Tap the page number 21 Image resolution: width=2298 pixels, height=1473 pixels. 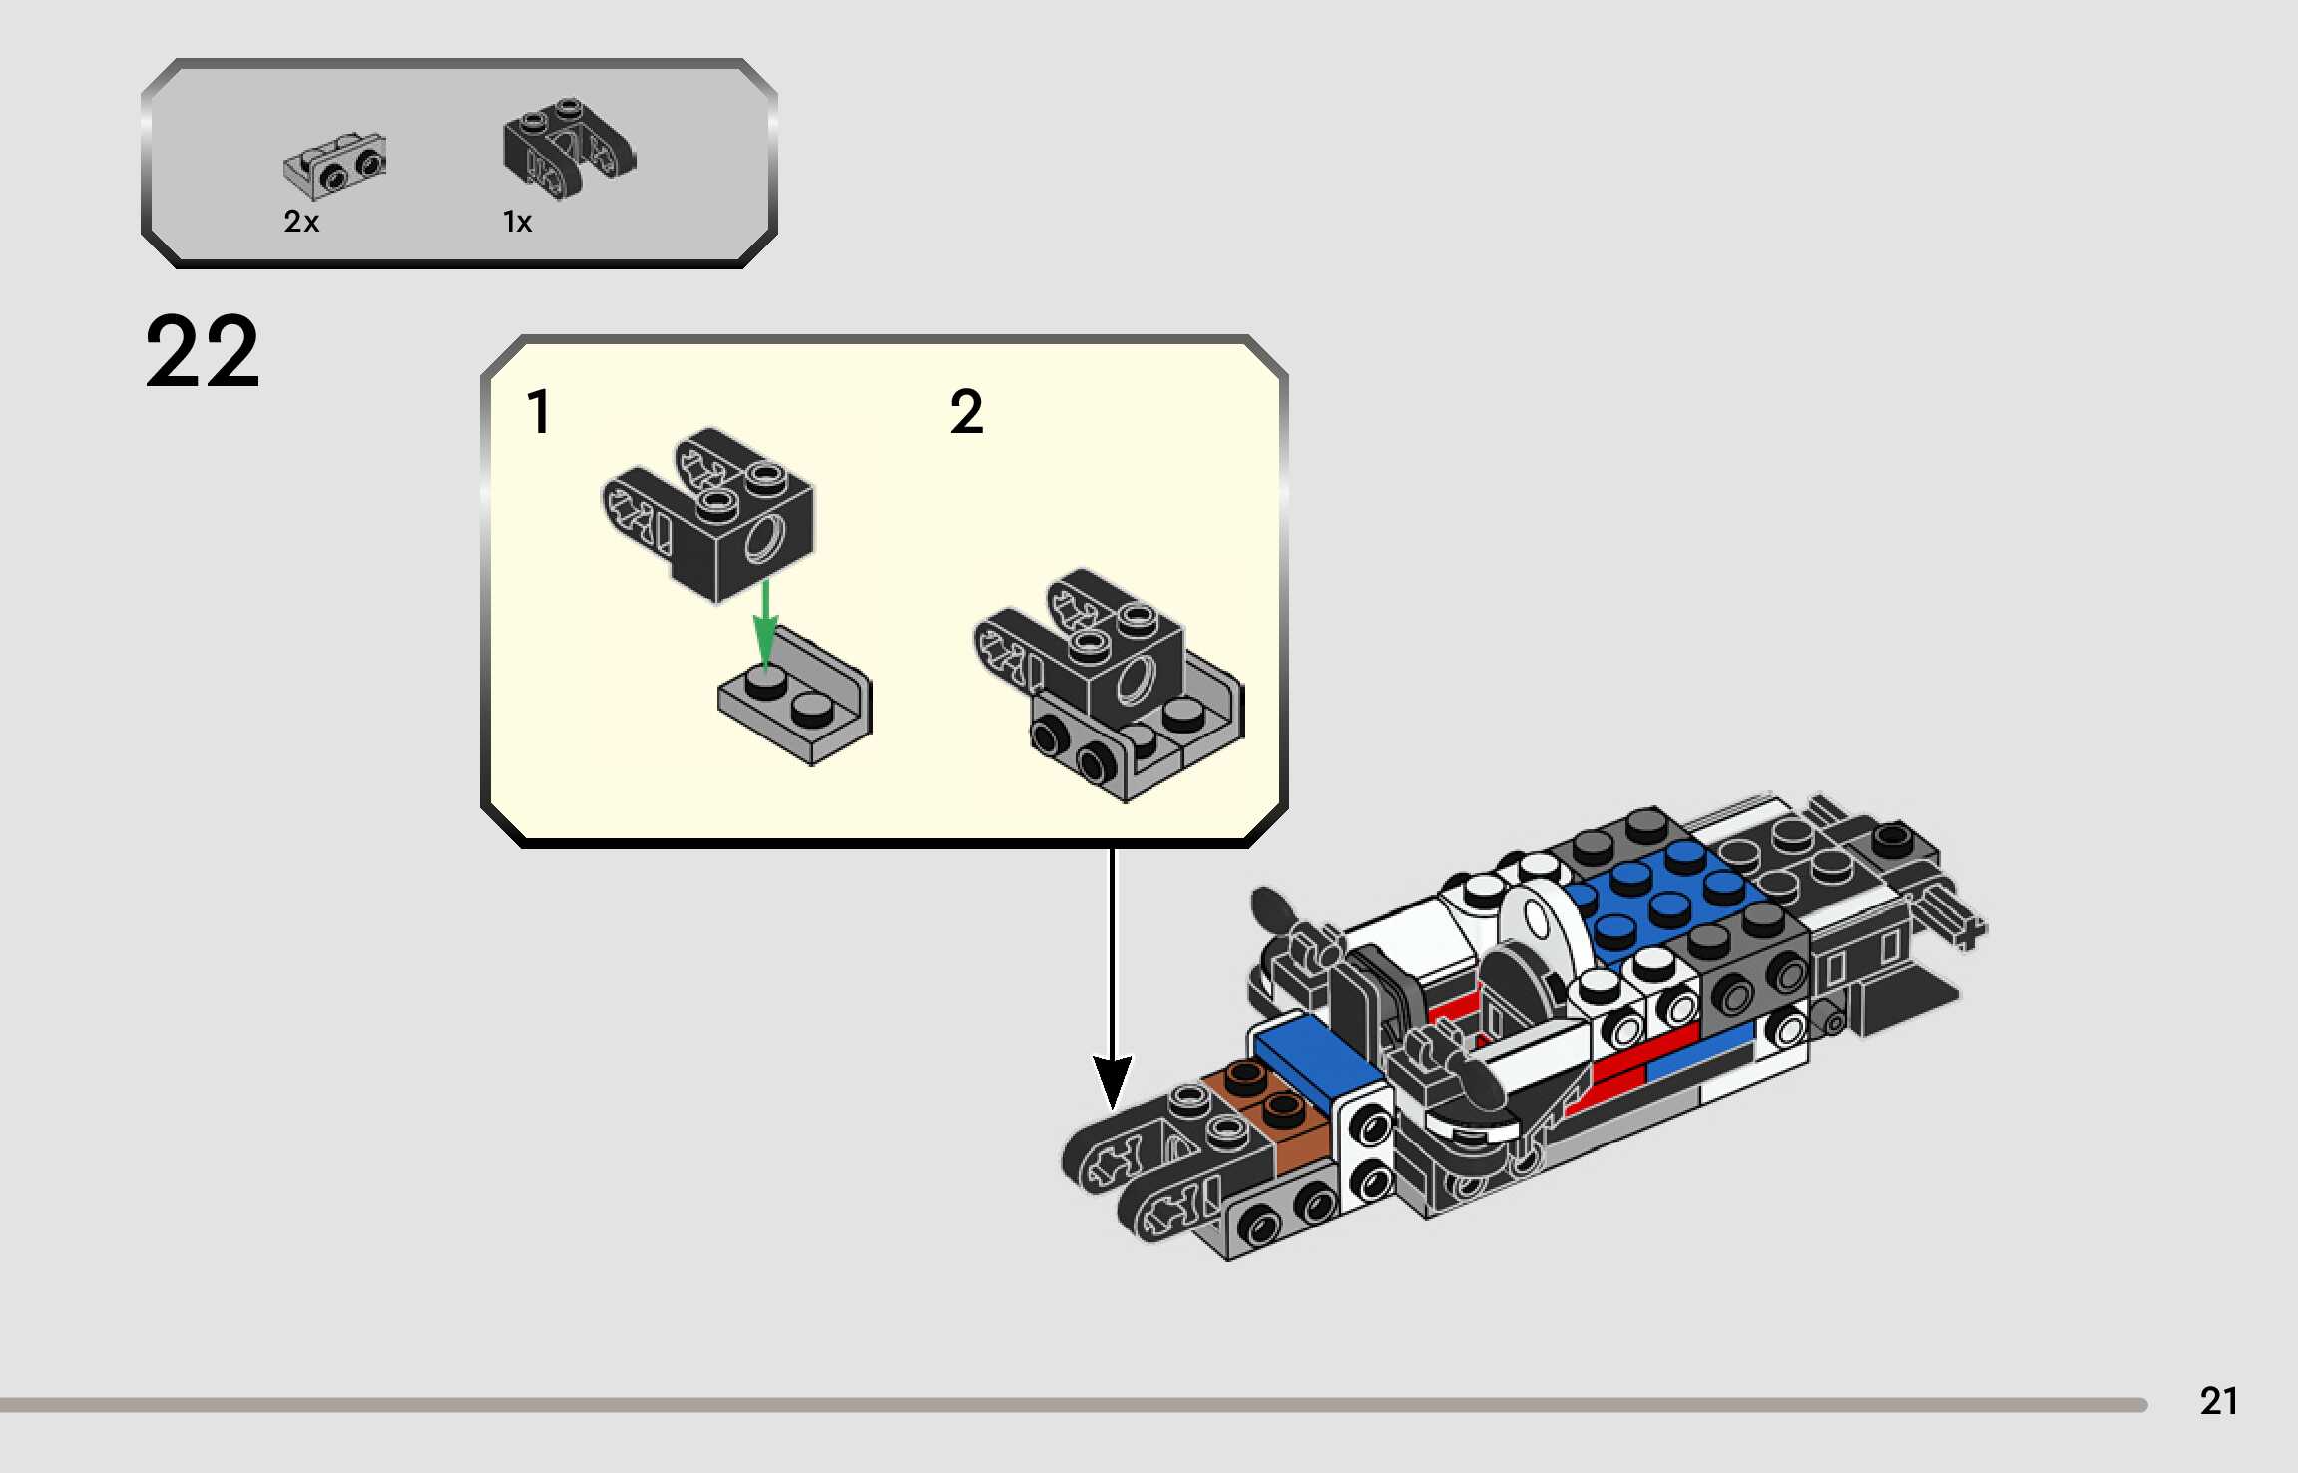tap(2217, 1401)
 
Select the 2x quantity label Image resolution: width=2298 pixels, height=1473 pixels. tap(301, 222)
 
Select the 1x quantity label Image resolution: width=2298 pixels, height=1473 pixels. tap(517, 222)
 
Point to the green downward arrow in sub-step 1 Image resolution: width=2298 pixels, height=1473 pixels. tap(765, 624)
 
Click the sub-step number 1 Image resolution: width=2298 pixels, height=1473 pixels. tap(539, 412)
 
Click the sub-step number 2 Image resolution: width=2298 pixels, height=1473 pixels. tap(966, 412)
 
